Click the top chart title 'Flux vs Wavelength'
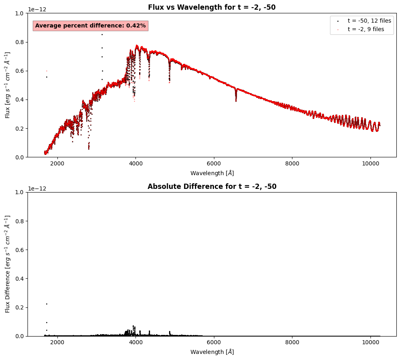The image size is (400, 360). pos(212,7)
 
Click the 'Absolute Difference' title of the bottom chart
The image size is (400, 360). pos(212,186)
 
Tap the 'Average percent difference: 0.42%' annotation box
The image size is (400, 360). pos(90,25)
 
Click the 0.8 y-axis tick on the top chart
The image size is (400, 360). pos(20,42)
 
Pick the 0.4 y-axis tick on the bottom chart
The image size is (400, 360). pos(20,279)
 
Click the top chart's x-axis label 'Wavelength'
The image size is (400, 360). pos(212,173)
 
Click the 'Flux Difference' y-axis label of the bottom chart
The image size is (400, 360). pos(8,264)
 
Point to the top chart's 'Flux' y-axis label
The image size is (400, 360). pos(8,85)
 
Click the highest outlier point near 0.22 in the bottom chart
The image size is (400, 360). pos(47,304)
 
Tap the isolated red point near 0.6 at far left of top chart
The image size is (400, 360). pos(47,71)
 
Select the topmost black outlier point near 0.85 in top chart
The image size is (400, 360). pos(102,34)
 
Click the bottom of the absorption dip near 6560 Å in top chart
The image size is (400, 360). pos(236,101)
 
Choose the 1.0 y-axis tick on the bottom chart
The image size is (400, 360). pos(20,192)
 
